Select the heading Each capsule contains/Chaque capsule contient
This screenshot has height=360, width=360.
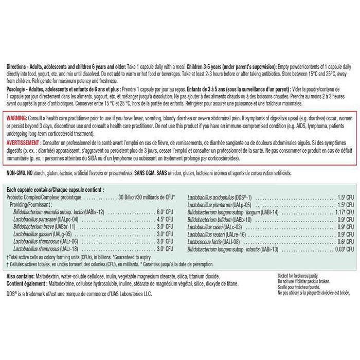[55, 190]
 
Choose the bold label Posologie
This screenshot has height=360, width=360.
[18, 89]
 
